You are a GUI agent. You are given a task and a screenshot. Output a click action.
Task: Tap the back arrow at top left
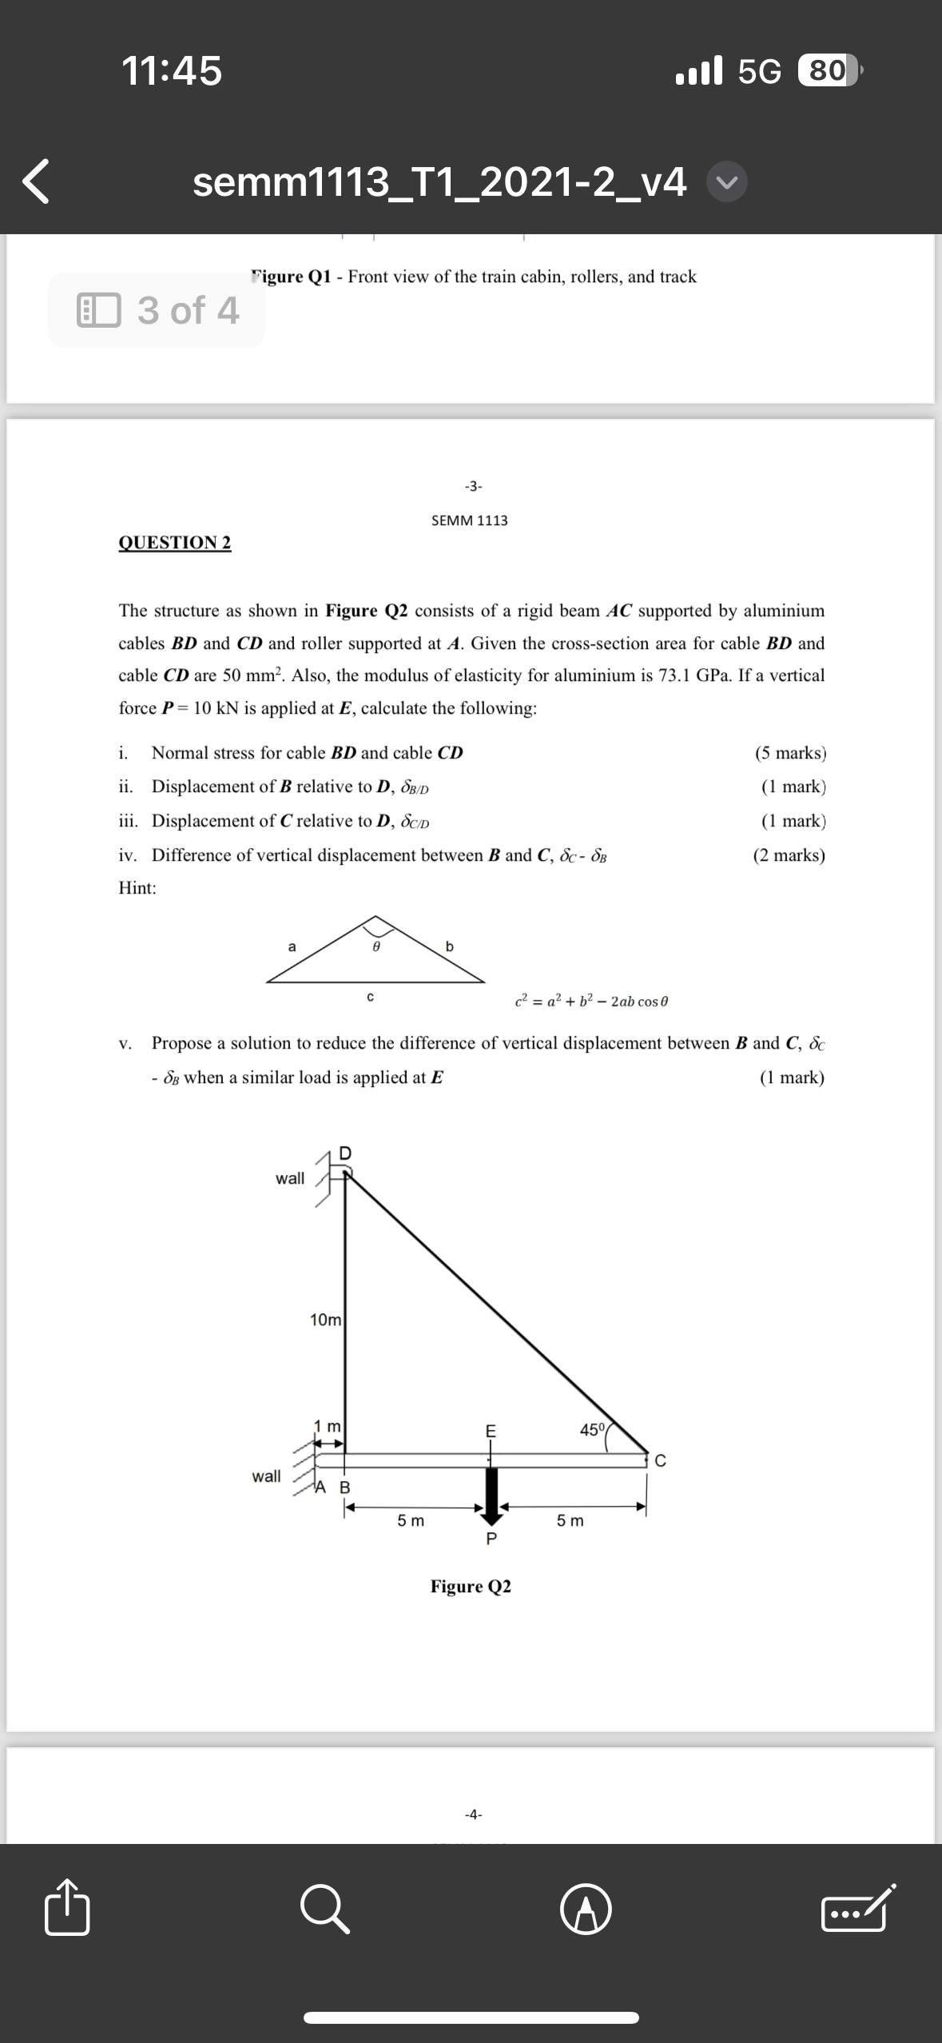(x=37, y=181)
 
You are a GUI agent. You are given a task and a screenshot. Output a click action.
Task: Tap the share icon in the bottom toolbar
(x=67, y=1910)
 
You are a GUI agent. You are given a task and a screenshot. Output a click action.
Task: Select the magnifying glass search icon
(x=325, y=1910)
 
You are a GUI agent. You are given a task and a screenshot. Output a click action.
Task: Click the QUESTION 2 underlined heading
(x=175, y=543)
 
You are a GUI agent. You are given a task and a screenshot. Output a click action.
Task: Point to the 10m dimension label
(x=325, y=1320)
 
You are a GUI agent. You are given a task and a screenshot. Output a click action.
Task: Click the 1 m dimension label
(x=327, y=1425)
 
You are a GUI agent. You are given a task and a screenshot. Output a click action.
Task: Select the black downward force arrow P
(x=491, y=1491)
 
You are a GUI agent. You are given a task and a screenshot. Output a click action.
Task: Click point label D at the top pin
(x=345, y=1153)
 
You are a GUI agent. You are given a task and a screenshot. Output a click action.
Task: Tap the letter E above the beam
(x=491, y=1431)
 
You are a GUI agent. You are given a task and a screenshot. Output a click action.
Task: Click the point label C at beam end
(x=660, y=1462)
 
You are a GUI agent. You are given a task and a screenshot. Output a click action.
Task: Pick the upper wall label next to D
(x=290, y=1178)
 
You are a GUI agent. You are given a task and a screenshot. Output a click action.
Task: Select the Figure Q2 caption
(x=471, y=1587)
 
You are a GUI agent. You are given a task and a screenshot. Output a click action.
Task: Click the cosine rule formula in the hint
(x=591, y=1001)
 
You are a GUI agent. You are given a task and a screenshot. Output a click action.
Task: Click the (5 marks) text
(x=789, y=753)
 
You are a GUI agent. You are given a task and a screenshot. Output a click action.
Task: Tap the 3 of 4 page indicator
(x=157, y=310)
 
